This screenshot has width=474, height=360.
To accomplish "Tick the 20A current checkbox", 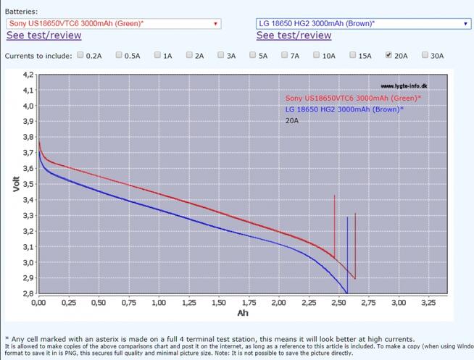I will (x=389, y=54).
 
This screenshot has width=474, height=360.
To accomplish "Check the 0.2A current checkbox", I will (x=80, y=54).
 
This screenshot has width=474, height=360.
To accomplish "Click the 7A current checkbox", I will (x=286, y=54).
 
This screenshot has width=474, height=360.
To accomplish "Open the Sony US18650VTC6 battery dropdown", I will (x=114, y=23).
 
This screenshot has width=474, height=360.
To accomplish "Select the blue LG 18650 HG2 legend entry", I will (x=344, y=109).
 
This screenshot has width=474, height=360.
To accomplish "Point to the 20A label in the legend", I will (x=292, y=120).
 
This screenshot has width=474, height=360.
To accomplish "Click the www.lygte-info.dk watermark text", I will (x=404, y=85).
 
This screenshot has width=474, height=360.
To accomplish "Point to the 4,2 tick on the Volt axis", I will (x=27, y=75).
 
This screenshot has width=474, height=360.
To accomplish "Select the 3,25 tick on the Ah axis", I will (x=428, y=301).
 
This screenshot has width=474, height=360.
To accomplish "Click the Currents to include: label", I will (x=38, y=55).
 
